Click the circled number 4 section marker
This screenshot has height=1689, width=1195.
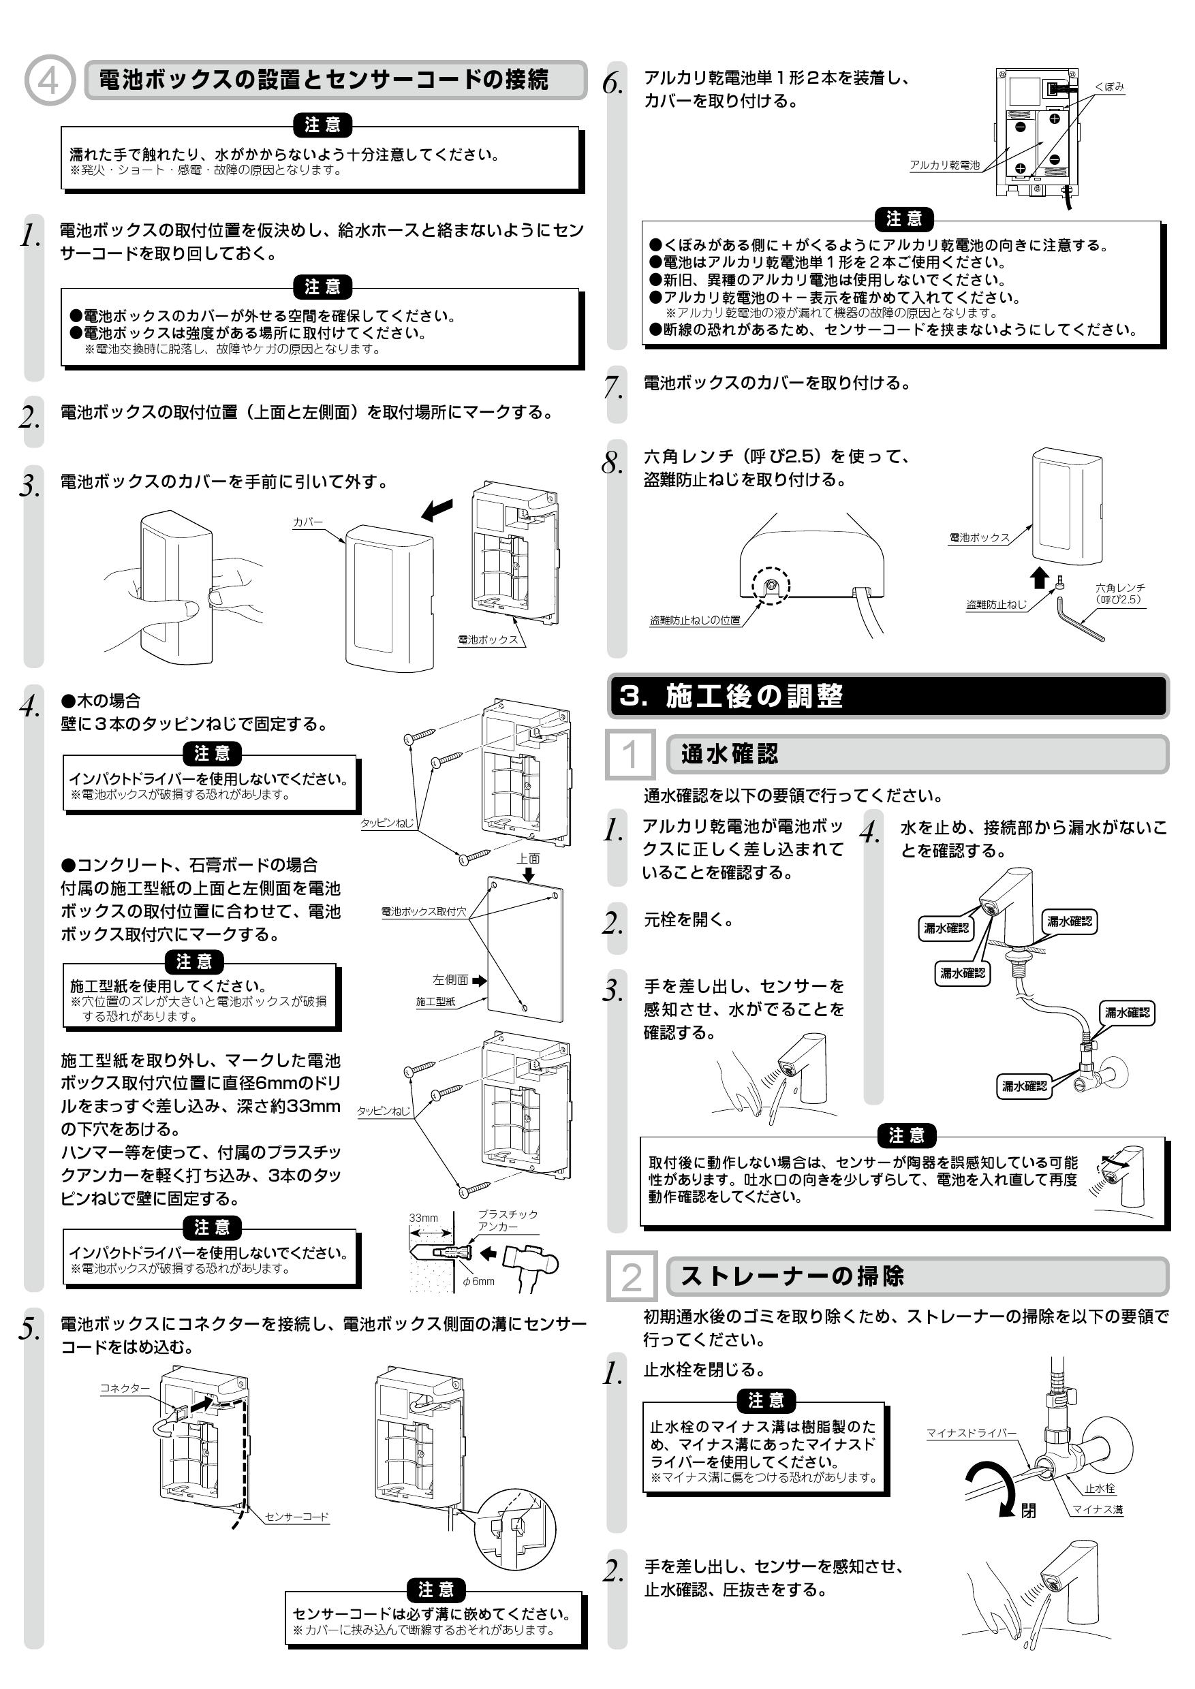(49, 80)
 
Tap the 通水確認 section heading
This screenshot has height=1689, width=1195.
(728, 754)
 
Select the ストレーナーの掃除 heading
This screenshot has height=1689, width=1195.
(792, 1276)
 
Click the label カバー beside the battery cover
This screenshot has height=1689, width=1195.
(307, 522)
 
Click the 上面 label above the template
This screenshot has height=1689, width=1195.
(527, 859)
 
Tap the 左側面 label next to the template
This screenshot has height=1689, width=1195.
(450, 980)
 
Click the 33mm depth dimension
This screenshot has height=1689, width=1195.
(423, 1218)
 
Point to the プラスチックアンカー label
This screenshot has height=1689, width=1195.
(507, 1220)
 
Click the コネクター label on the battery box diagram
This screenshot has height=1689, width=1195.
(125, 1388)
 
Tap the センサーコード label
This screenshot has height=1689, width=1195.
(296, 1517)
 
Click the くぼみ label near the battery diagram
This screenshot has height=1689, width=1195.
(1109, 86)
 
